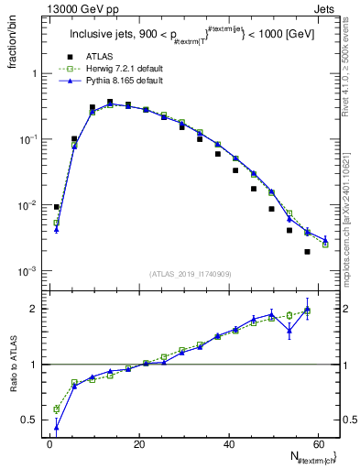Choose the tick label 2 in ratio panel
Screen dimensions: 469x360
point(33,309)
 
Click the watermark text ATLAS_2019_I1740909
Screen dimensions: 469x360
point(190,274)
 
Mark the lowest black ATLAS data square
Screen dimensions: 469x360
point(308,252)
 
